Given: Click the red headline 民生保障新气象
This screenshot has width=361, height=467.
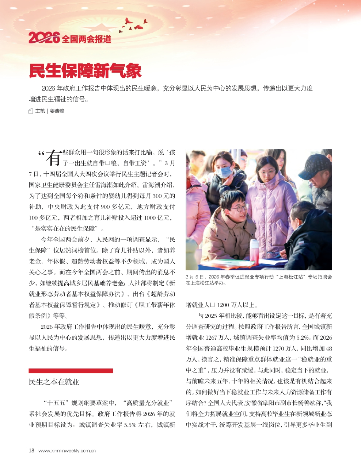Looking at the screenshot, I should (x=85, y=71).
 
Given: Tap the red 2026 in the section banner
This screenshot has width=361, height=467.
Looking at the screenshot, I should (x=44, y=38).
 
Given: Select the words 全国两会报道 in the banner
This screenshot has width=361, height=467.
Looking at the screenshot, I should (x=86, y=39).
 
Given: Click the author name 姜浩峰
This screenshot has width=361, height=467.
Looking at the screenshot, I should (x=57, y=111).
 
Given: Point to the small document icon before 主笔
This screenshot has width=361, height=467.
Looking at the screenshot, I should (x=31, y=111).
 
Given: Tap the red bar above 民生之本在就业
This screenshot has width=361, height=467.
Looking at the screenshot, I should (x=71, y=371).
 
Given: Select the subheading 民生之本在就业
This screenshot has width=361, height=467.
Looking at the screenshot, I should (x=54, y=382).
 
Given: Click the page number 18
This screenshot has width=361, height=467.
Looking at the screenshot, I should (x=31, y=451).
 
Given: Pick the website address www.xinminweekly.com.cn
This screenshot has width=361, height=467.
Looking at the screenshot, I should (x=67, y=451).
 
